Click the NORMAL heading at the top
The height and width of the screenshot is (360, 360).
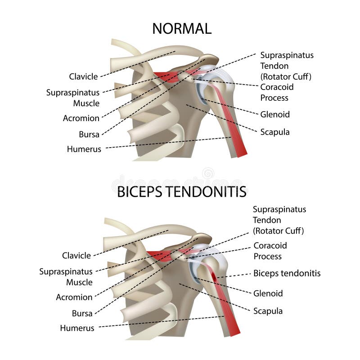tap(182, 28)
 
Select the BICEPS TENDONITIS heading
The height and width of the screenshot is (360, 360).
tap(182, 192)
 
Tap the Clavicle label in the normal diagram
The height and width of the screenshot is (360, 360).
tap(83, 76)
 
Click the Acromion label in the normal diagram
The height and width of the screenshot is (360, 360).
tap(81, 118)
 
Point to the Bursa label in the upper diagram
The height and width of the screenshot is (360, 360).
tap(89, 134)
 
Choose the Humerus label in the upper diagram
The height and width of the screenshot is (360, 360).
tap(84, 149)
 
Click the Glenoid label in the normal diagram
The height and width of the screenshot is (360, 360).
tap(275, 114)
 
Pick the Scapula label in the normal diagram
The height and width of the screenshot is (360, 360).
tap(275, 132)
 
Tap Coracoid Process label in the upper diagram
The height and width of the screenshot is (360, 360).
tap(274, 92)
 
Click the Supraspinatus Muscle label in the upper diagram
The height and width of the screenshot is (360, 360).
tap(73, 98)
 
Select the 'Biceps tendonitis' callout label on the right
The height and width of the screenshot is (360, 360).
tap(287, 273)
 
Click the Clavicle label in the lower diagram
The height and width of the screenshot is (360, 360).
tap(76, 255)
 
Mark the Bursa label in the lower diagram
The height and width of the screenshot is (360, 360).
tap(82, 313)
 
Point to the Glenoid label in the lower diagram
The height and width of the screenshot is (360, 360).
tap(268, 293)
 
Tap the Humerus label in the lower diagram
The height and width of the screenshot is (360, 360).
tap(77, 328)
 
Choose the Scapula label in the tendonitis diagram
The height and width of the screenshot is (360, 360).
tap(268, 311)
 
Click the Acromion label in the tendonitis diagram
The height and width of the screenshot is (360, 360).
tap(74, 297)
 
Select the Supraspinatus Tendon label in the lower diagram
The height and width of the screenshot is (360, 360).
tap(279, 220)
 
